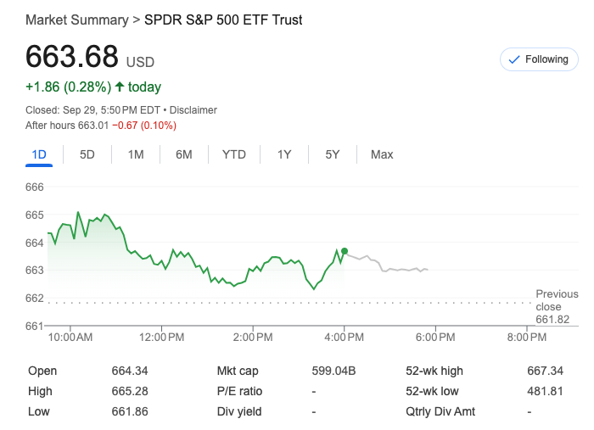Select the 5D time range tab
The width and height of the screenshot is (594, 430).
point(87,154)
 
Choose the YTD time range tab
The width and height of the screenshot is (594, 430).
point(234,154)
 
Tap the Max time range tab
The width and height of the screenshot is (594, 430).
point(382,154)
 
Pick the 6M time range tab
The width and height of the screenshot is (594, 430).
point(184,154)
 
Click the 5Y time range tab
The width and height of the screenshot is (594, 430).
point(333,154)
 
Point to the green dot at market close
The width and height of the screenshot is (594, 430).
point(344,251)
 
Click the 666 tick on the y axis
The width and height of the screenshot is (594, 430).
point(34,187)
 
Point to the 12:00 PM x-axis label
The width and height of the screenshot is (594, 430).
point(161,338)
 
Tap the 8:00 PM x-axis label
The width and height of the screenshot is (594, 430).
point(527,338)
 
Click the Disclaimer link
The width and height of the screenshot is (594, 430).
point(193,110)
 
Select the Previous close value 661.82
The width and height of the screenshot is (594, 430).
point(552,320)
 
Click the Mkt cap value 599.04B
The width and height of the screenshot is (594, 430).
point(333,371)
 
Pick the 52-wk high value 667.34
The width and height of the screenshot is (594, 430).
point(545,371)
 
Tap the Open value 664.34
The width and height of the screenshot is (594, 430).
point(130,371)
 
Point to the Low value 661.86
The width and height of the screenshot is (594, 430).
point(130,411)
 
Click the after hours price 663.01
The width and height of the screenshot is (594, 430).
point(94,126)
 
